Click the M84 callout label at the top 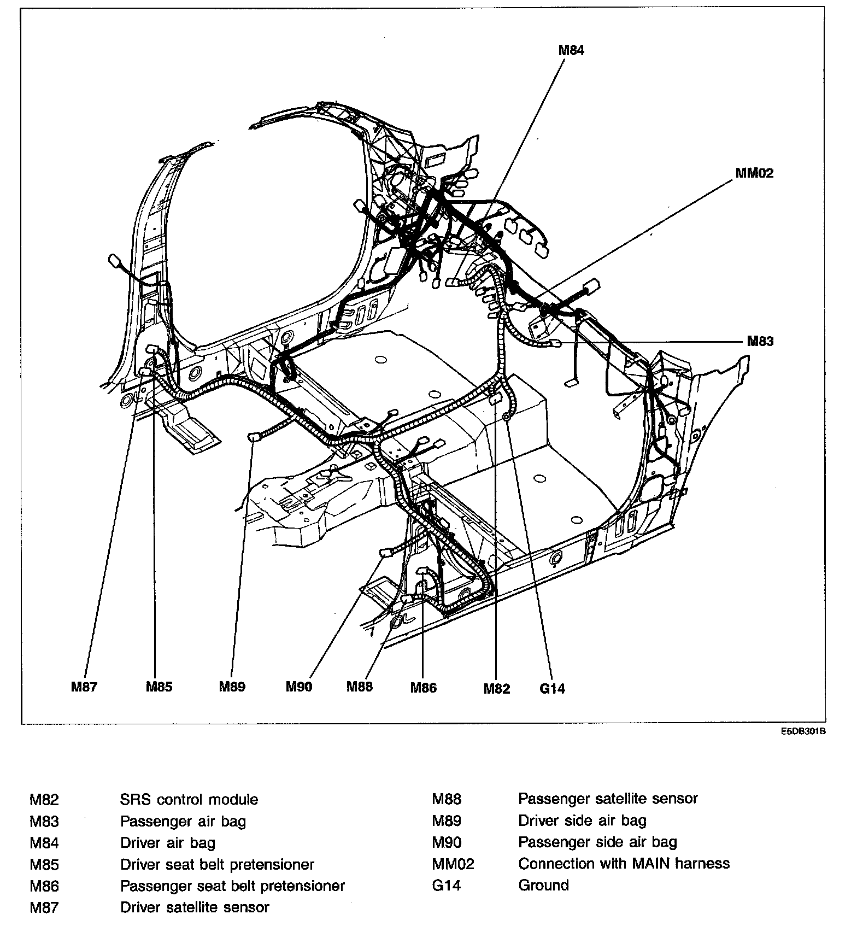[571, 50]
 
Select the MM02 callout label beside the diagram [754, 173]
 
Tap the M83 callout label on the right [760, 342]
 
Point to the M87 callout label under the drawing [84, 687]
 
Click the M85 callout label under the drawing [159, 687]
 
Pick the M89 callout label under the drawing [232, 687]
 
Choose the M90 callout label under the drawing [299, 687]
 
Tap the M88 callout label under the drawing [360, 687]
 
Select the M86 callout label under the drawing [424, 688]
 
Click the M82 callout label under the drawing [496, 689]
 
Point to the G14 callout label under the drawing [552, 689]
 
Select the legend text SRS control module [189, 800]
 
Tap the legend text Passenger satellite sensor [608, 799]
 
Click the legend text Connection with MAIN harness [624, 864]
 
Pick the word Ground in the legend [543, 885]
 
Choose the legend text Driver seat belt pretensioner [217, 865]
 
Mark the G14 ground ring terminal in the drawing [506, 417]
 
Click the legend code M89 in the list [447, 820]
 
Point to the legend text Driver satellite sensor [195, 907]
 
